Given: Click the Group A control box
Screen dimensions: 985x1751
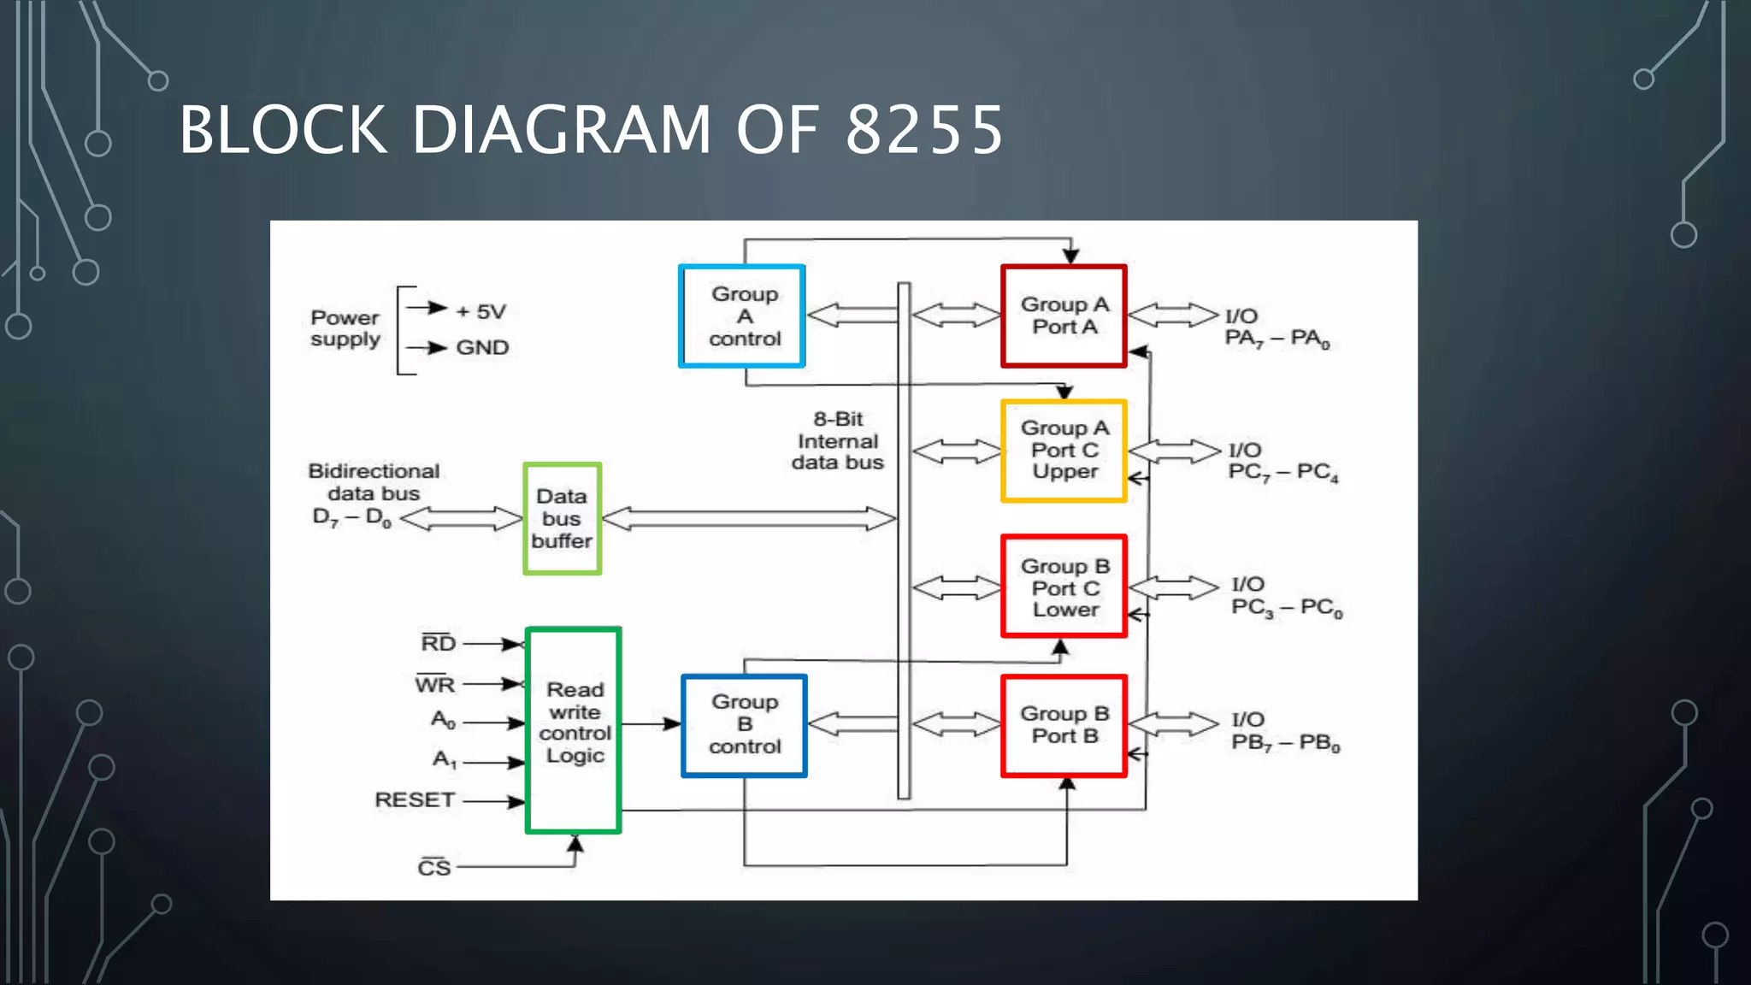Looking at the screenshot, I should point(742,316).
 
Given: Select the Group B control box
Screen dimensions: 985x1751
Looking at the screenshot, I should point(744,725).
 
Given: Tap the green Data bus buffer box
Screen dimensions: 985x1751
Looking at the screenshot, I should point(562,518).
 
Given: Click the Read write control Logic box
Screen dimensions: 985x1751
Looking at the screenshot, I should point(574,729).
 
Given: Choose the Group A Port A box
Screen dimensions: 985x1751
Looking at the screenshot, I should point(1064,316).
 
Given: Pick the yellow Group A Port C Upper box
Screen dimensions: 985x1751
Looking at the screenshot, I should point(1064,451).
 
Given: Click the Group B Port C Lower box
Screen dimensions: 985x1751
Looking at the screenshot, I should point(1064,587).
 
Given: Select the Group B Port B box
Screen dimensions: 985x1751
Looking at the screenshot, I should point(1064,725).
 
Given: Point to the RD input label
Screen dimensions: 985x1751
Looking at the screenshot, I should point(439,643).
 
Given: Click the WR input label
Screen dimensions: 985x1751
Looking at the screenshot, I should point(435,685).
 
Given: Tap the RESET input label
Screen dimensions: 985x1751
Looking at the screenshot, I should point(415,800).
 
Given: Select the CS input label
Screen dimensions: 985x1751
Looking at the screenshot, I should point(434,868).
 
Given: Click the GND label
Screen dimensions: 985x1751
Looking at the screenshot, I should point(482,348).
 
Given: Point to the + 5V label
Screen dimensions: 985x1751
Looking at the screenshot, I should point(481,312).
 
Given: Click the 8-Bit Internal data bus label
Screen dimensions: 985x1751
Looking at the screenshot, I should point(838,441).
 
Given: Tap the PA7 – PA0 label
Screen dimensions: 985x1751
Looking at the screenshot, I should point(1277,339).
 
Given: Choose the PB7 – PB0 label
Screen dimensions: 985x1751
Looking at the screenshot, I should point(1285,743).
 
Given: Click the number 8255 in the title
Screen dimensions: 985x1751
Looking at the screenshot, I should point(924,130).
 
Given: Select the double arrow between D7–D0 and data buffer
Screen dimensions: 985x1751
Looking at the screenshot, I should point(461,518).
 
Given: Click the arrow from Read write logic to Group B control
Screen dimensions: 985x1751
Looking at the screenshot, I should point(651,724).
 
